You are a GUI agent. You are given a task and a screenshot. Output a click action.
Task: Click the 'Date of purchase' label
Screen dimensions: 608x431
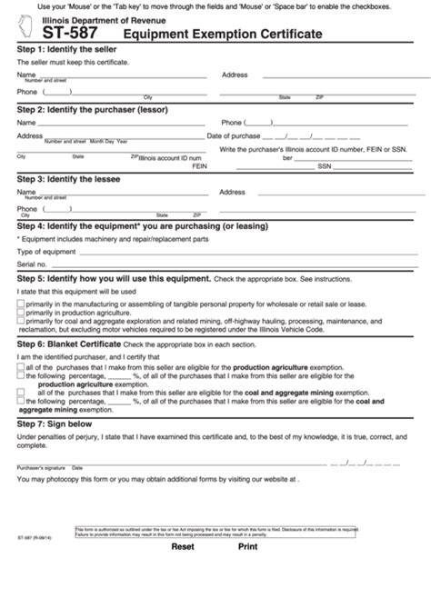[x=235, y=135]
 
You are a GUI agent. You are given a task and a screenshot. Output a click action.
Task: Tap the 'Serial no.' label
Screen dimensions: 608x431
[x=32, y=263]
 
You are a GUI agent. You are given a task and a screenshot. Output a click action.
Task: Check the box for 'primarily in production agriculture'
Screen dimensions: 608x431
[x=21, y=311]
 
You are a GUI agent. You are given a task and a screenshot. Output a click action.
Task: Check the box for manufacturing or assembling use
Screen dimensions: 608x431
[x=21, y=304]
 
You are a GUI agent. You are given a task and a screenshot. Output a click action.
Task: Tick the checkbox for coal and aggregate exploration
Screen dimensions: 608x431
[x=21, y=319]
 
